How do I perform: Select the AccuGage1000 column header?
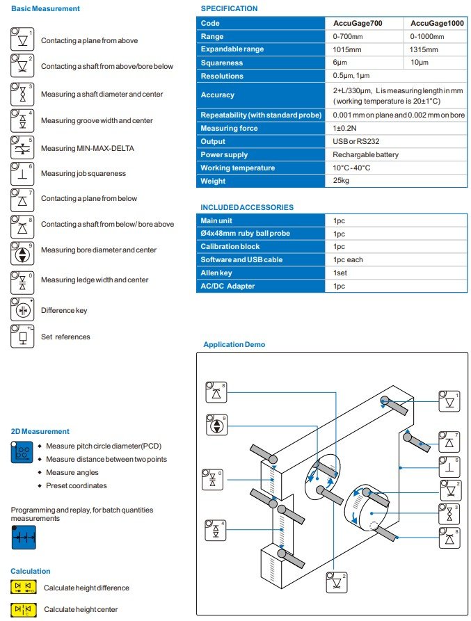tap(436, 23)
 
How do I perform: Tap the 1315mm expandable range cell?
tap(424, 49)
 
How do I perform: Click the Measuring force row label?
tap(229, 128)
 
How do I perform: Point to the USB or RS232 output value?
tap(353, 141)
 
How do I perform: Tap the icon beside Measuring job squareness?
tap(22, 173)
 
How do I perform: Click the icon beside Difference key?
tap(22, 310)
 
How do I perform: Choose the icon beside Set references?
tap(22, 337)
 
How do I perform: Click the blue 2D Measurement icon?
tap(22, 452)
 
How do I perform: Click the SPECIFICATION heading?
tap(229, 8)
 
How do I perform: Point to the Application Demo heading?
tap(234, 345)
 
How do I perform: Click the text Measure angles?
tap(77, 472)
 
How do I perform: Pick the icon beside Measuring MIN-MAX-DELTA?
tap(22, 148)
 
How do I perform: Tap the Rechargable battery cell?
tap(365, 154)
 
